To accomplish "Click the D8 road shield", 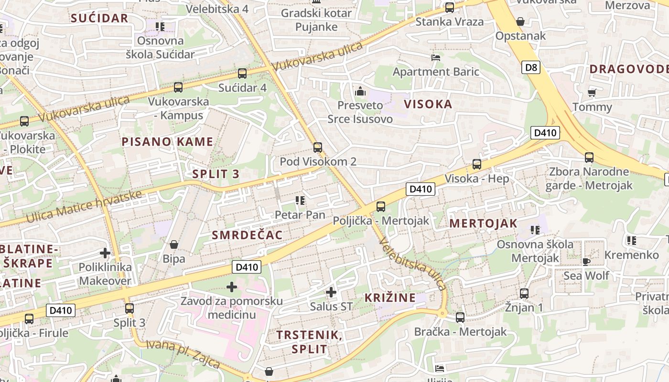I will pos(530,67).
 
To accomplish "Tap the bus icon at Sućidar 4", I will pos(242,74).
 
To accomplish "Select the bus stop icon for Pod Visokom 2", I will pos(318,148).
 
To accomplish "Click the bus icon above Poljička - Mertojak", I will pos(380,207).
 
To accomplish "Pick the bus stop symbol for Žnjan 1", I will pos(524,294).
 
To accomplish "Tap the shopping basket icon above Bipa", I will pos(174,244).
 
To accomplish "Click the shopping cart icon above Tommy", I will pos(592,93).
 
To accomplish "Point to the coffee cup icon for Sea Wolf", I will pos(586,262).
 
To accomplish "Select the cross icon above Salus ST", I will pos(331,292).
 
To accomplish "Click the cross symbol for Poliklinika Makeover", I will pos(105,253).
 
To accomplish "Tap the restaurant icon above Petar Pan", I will pos(300,201).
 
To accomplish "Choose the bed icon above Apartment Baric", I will pos(436,58).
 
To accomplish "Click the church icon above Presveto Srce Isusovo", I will pos(360,91).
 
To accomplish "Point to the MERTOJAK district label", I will pos(484,223).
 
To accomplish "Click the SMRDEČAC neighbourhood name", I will pos(247,235).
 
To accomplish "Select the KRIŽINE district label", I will pos(390,298).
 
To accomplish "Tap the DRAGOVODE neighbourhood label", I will pos(628,69).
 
